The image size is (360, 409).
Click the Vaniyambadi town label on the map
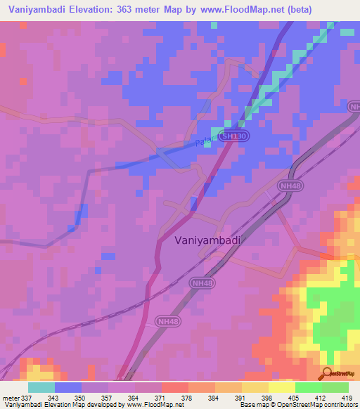(207, 240)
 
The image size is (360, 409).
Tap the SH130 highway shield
(233, 138)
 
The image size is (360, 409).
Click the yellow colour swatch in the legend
(281, 387)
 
